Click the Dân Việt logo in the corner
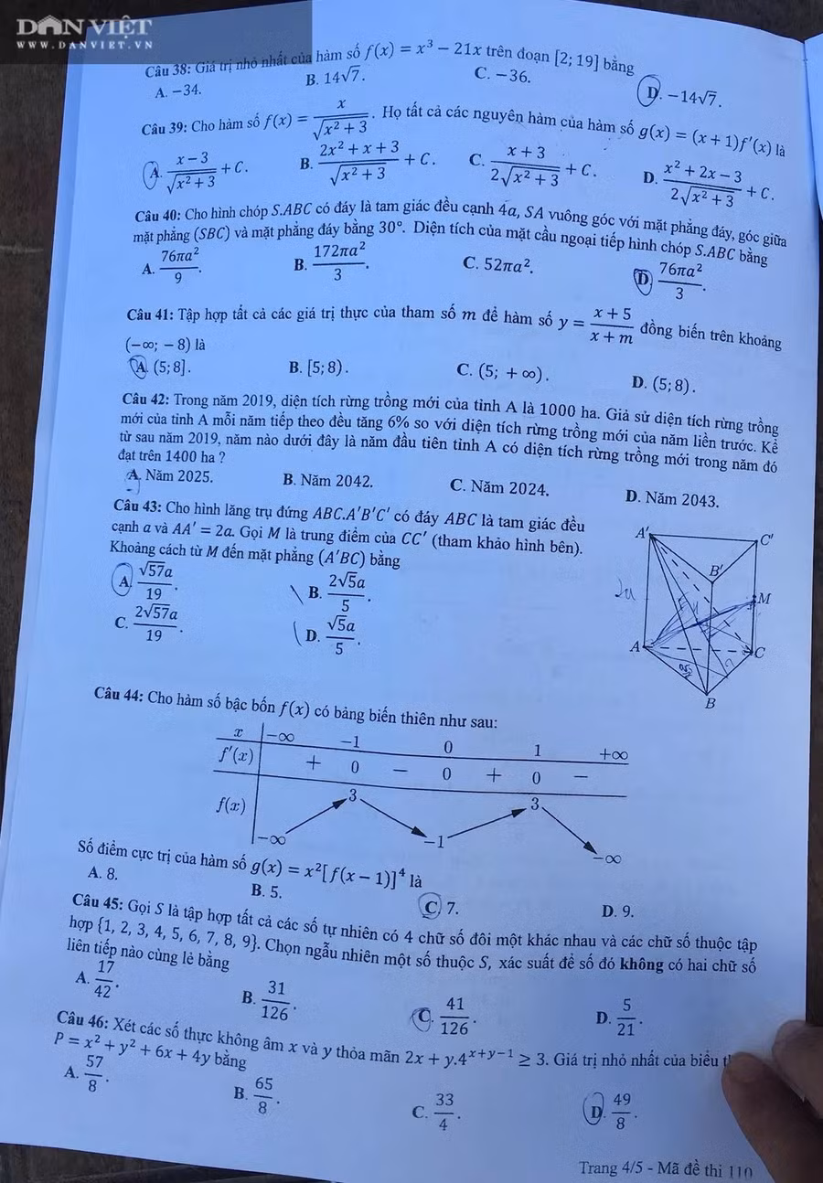point(83,30)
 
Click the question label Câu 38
point(169,71)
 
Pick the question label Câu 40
point(158,216)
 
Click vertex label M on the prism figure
point(764,599)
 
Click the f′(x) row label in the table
point(235,755)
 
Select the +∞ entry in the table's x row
point(613,755)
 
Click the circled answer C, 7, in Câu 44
point(441,907)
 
